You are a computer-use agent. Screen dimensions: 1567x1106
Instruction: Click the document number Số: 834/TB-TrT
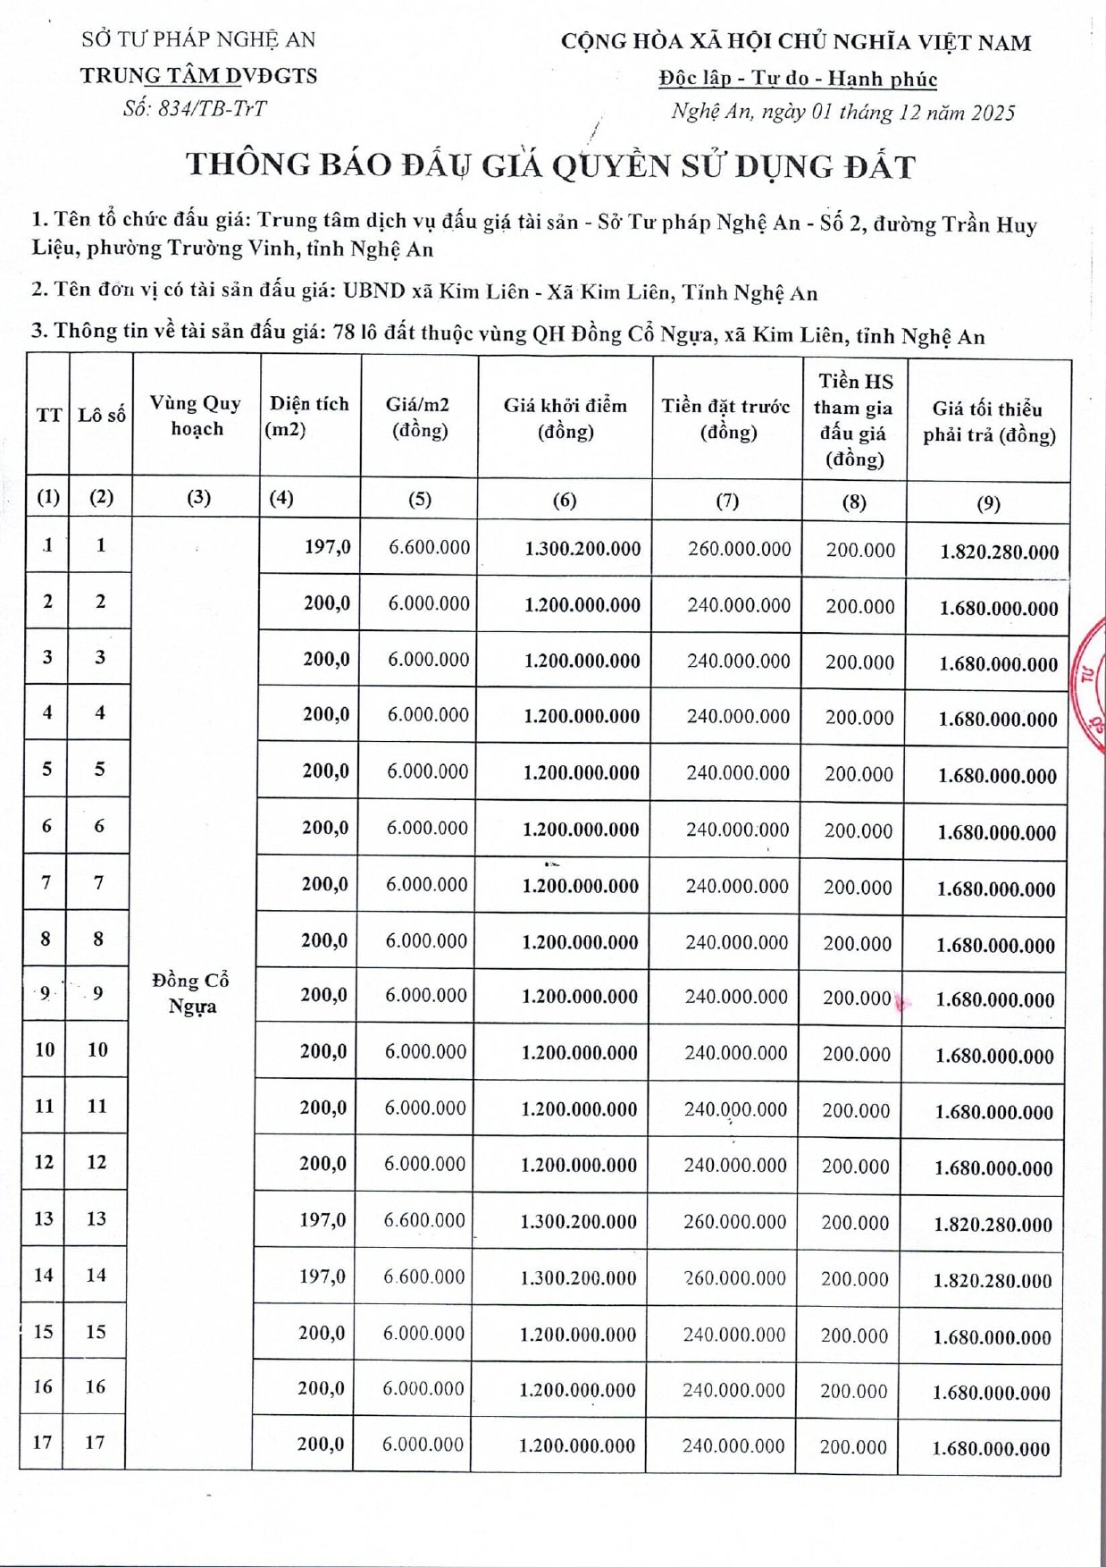(x=195, y=109)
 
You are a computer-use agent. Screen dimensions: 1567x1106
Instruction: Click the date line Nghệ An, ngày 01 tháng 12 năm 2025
(x=842, y=112)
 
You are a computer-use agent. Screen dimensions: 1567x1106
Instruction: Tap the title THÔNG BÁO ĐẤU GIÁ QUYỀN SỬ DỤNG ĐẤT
(x=550, y=165)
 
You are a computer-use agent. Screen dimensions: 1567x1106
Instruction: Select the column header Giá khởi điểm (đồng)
(x=565, y=417)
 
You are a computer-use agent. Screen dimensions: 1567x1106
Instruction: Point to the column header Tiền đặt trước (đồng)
(x=725, y=418)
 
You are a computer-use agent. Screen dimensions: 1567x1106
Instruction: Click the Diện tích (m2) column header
(x=308, y=416)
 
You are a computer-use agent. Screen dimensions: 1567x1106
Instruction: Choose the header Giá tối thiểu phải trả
(x=988, y=421)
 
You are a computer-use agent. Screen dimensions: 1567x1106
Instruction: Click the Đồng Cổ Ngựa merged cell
(x=191, y=992)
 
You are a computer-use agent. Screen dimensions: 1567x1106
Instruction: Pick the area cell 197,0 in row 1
(x=327, y=546)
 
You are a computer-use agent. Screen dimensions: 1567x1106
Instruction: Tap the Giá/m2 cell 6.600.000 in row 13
(x=424, y=1220)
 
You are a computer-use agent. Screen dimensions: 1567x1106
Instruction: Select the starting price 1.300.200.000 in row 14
(x=578, y=1278)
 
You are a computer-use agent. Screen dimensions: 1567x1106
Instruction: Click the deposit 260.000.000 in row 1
(x=739, y=549)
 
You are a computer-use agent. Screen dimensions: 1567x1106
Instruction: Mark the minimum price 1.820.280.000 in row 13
(x=993, y=1225)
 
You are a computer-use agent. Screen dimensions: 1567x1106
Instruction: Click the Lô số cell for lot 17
(x=95, y=1442)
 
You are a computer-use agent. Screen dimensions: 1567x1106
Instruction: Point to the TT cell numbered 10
(x=45, y=1049)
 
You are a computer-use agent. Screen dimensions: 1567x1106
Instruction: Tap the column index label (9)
(x=988, y=503)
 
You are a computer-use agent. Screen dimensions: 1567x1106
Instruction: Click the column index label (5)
(x=419, y=499)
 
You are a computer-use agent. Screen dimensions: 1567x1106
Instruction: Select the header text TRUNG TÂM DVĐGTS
(x=198, y=76)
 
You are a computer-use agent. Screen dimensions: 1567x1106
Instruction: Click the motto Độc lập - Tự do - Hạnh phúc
(x=798, y=79)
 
